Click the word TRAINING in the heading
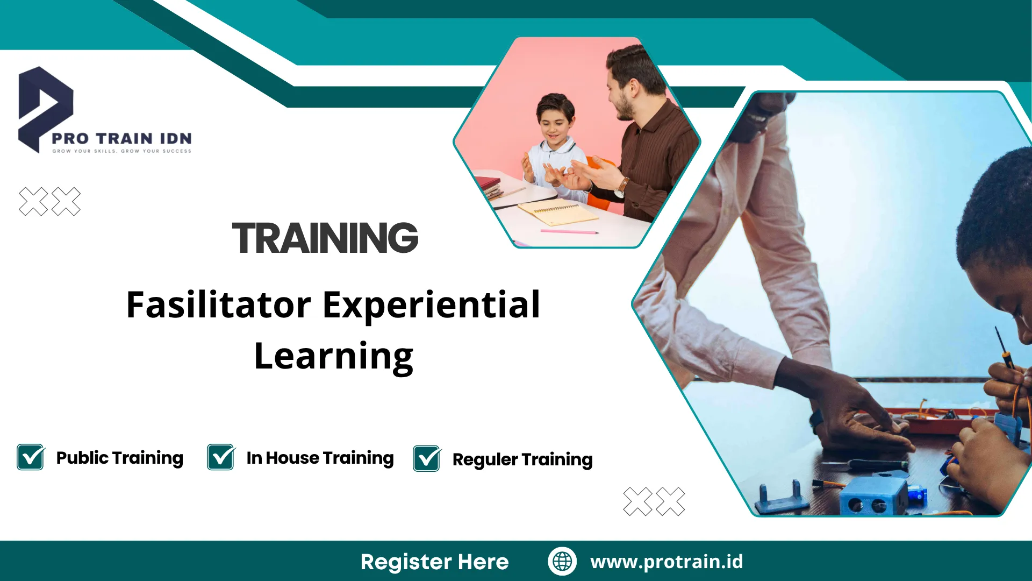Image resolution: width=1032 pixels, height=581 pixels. coord(325,238)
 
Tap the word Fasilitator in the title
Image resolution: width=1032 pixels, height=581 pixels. coord(219,305)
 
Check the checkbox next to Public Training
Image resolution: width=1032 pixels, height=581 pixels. coord(31,457)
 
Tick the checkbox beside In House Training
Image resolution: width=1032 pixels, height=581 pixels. coord(221,457)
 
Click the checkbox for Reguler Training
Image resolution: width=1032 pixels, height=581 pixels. coord(427,459)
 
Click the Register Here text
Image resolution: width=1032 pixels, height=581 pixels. coord(434,562)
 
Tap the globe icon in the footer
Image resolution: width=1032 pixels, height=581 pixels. coord(562,561)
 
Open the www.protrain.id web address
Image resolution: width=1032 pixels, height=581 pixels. coord(666,562)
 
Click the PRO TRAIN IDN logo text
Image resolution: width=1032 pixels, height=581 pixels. coord(122,139)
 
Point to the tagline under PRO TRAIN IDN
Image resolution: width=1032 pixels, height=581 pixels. coord(122,151)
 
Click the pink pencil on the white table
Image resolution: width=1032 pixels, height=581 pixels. coord(569,232)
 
